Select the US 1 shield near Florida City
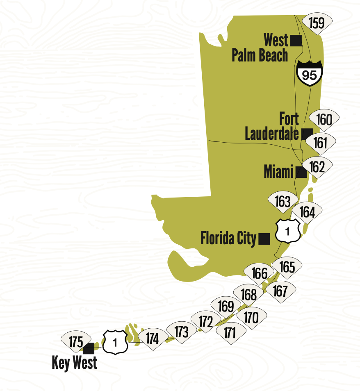[x=287, y=231]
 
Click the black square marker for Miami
[x=301, y=173]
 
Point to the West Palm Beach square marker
[x=296, y=41]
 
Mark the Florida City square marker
[x=264, y=239]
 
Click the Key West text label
[x=75, y=363]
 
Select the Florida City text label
[x=228, y=238]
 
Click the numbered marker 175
[x=76, y=341]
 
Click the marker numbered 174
[x=152, y=339]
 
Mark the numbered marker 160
[x=324, y=120]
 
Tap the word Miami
[x=279, y=172]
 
